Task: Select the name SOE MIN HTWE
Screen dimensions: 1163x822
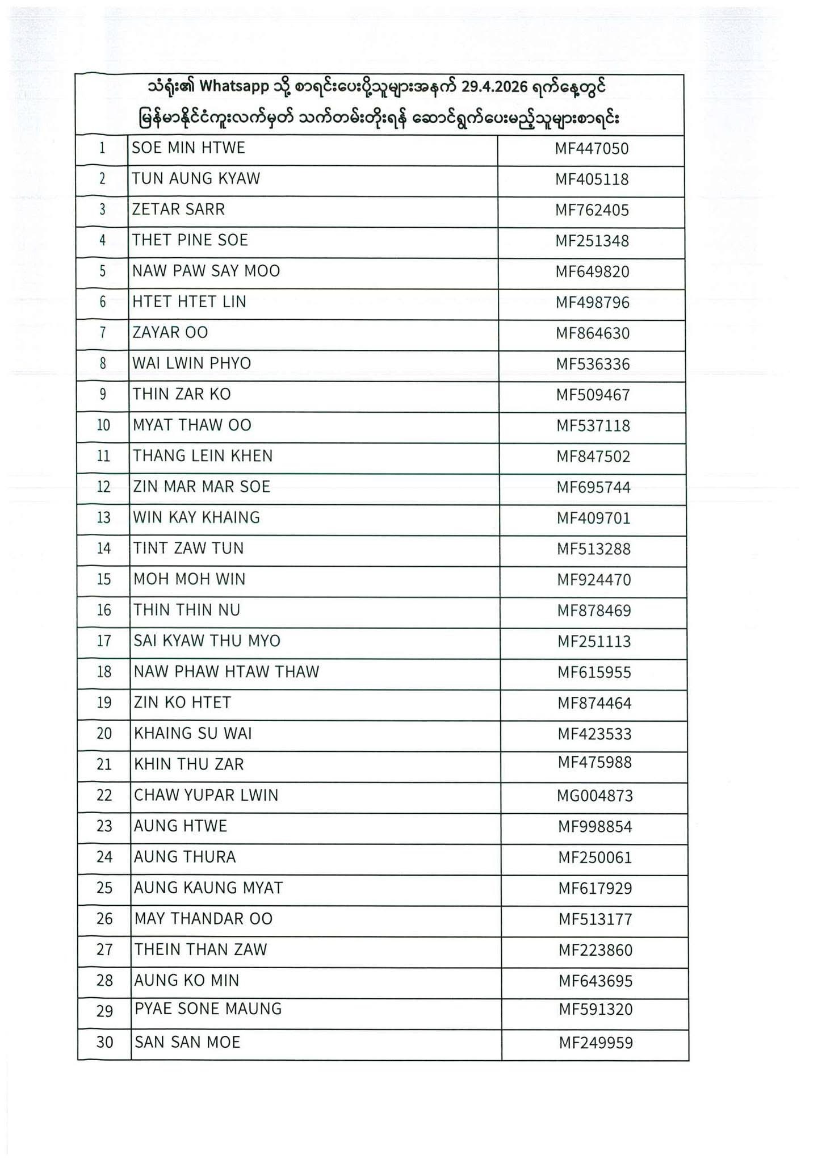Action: click(x=188, y=148)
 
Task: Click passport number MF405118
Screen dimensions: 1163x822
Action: click(x=592, y=179)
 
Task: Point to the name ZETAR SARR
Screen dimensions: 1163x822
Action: click(x=178, y=210)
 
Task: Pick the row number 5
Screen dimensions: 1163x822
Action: click(x=103, y=271)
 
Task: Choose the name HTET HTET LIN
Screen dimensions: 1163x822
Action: click(x=189, y=302)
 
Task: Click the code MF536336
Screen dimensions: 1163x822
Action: click(x=593, y=364)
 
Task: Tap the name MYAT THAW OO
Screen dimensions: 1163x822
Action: click(x=192, y=425)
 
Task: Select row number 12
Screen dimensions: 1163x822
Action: click(x=103, y=487)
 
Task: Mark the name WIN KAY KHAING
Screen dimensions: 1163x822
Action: click(x=196, y=518)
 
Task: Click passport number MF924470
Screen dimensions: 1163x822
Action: click(x=593, y=580)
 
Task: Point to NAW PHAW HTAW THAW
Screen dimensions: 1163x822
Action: click(x=227, y=672)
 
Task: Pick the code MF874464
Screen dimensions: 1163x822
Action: click(x=594, y=703)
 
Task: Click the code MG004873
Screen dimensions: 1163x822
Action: click(x=594, y=796)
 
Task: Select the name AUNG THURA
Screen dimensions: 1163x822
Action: click(x=184, y=857)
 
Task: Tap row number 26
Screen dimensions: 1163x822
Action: click(x=104, y=919)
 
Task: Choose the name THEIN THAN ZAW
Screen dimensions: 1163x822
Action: click(x=200, y=949)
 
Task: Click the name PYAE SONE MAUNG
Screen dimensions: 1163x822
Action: click(x=208, y=1009)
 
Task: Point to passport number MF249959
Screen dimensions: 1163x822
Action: click(x=595, y=1043)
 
